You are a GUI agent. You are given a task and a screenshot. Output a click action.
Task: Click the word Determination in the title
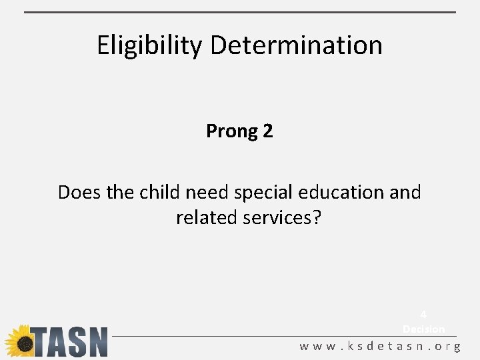pyautogui.click(x=296, y=45)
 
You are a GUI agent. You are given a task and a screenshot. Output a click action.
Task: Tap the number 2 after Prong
pyautogui.click(x=268, y=131)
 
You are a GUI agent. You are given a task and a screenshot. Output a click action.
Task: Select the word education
pyautogui.click(x=341, y=192)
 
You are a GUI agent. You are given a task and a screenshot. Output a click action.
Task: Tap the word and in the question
pyautogui.click(x=405, y=192)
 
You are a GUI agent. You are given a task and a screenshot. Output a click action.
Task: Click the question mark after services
pyautogui.click(x=316, y=218)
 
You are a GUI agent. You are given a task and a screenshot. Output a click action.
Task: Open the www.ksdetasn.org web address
pyautogui.click(x=380, y=347)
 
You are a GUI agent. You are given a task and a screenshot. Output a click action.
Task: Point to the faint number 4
pyautogui.click(x=423, y=315)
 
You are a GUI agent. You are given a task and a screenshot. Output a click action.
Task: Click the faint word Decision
pyautogui.click(x=423, y=329)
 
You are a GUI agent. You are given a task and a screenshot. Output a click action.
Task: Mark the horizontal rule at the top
pyautogui.click(x=240, y=12)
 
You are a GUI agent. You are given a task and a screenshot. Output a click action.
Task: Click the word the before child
pyautogui.click(x=121, y=192)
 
